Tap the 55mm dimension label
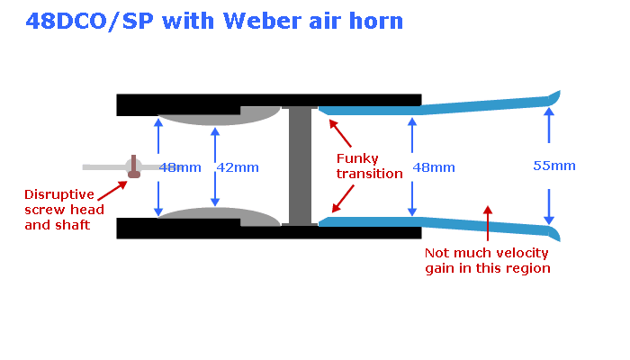pos(553,166)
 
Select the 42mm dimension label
pos(238,167)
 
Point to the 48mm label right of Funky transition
pos(434,167)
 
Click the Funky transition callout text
pos(370,166)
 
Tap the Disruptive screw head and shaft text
pos(64,210)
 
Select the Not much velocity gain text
pos(487,261)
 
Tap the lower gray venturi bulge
pos(216,216)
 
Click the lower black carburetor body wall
pos(270,232)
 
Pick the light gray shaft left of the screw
pos(102,166)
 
